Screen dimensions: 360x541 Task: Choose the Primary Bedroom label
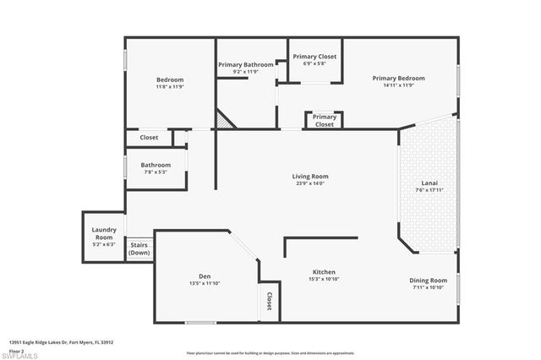[398, 78]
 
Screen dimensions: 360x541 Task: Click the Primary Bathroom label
[245, 64]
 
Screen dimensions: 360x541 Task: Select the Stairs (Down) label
[139, 248]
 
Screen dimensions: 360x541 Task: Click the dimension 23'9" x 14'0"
[310, 183]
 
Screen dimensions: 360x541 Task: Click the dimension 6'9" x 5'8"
[314, 63]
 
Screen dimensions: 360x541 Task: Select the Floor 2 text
[16, 350]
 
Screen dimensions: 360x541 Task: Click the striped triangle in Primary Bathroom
[221, 121]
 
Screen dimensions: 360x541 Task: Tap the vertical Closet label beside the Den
[269, 301]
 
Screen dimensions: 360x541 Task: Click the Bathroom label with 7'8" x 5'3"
[156, 165]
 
